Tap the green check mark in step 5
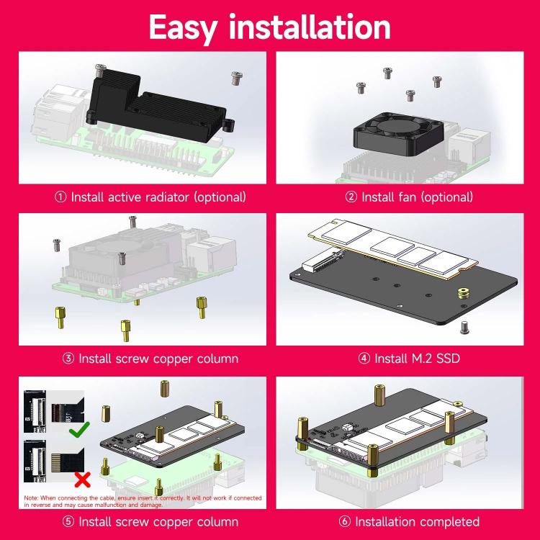79,430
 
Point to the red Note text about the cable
142,501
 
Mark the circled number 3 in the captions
69,358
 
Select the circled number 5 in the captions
69,521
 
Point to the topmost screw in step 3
132,221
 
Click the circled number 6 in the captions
346,521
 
